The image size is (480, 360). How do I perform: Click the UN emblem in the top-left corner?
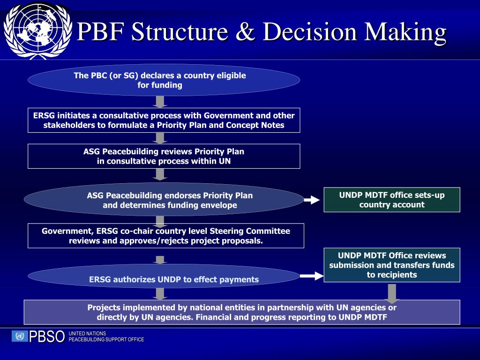click(x=37, y=31)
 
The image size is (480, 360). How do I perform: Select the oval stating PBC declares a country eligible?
click(x=164, y=80)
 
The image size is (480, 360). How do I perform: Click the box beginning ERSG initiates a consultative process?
click(x=164, y=120)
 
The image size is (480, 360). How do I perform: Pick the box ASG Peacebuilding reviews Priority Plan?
click(x=164, y=156)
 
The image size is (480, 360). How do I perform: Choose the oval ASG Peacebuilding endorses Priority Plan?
click(x=164, y=200)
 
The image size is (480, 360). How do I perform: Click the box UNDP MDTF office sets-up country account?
click(x=392, y=200)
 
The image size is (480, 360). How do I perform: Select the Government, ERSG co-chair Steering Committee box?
click(x=165, y=236)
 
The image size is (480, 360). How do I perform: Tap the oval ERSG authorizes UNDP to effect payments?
click(x=164, y=277)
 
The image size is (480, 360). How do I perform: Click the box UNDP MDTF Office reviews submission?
click(x=392, y=265)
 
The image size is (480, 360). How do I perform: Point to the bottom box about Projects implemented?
click(x=242, y=312)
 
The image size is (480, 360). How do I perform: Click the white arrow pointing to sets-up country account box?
click(x=312, y=201)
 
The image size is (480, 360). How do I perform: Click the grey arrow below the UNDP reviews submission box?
click(x=392, y=293)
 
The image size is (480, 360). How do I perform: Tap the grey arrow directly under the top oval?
click(x=160, y=102)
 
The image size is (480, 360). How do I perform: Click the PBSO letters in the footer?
click(x=47, y=337)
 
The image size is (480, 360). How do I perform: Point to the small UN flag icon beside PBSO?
click(x=20, y=336)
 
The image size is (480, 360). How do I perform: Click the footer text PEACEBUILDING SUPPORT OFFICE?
click(x=106, y=339)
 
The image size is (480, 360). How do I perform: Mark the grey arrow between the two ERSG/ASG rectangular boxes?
click(x=160, y=138)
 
